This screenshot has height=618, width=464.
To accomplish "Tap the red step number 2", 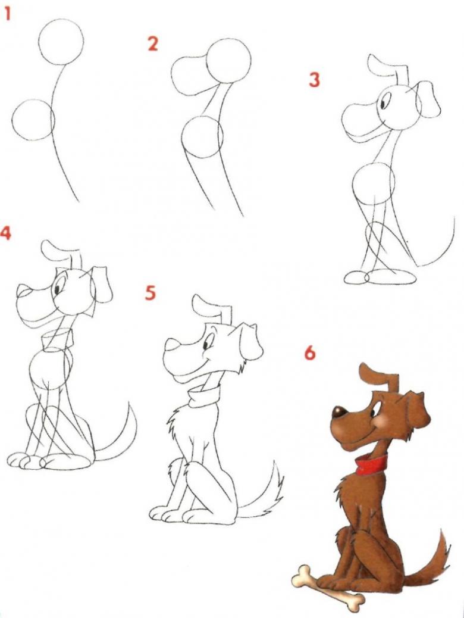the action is [x=153, y=43].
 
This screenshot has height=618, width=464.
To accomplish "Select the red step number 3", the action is [x=314, y=80].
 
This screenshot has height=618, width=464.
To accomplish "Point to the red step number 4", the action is [x=5, y=233].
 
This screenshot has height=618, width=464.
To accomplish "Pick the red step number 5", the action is [x=150, y=293].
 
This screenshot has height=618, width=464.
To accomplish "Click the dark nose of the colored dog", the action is [x=339, y=411].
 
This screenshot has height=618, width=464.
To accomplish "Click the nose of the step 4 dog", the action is [x=23, y=291].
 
